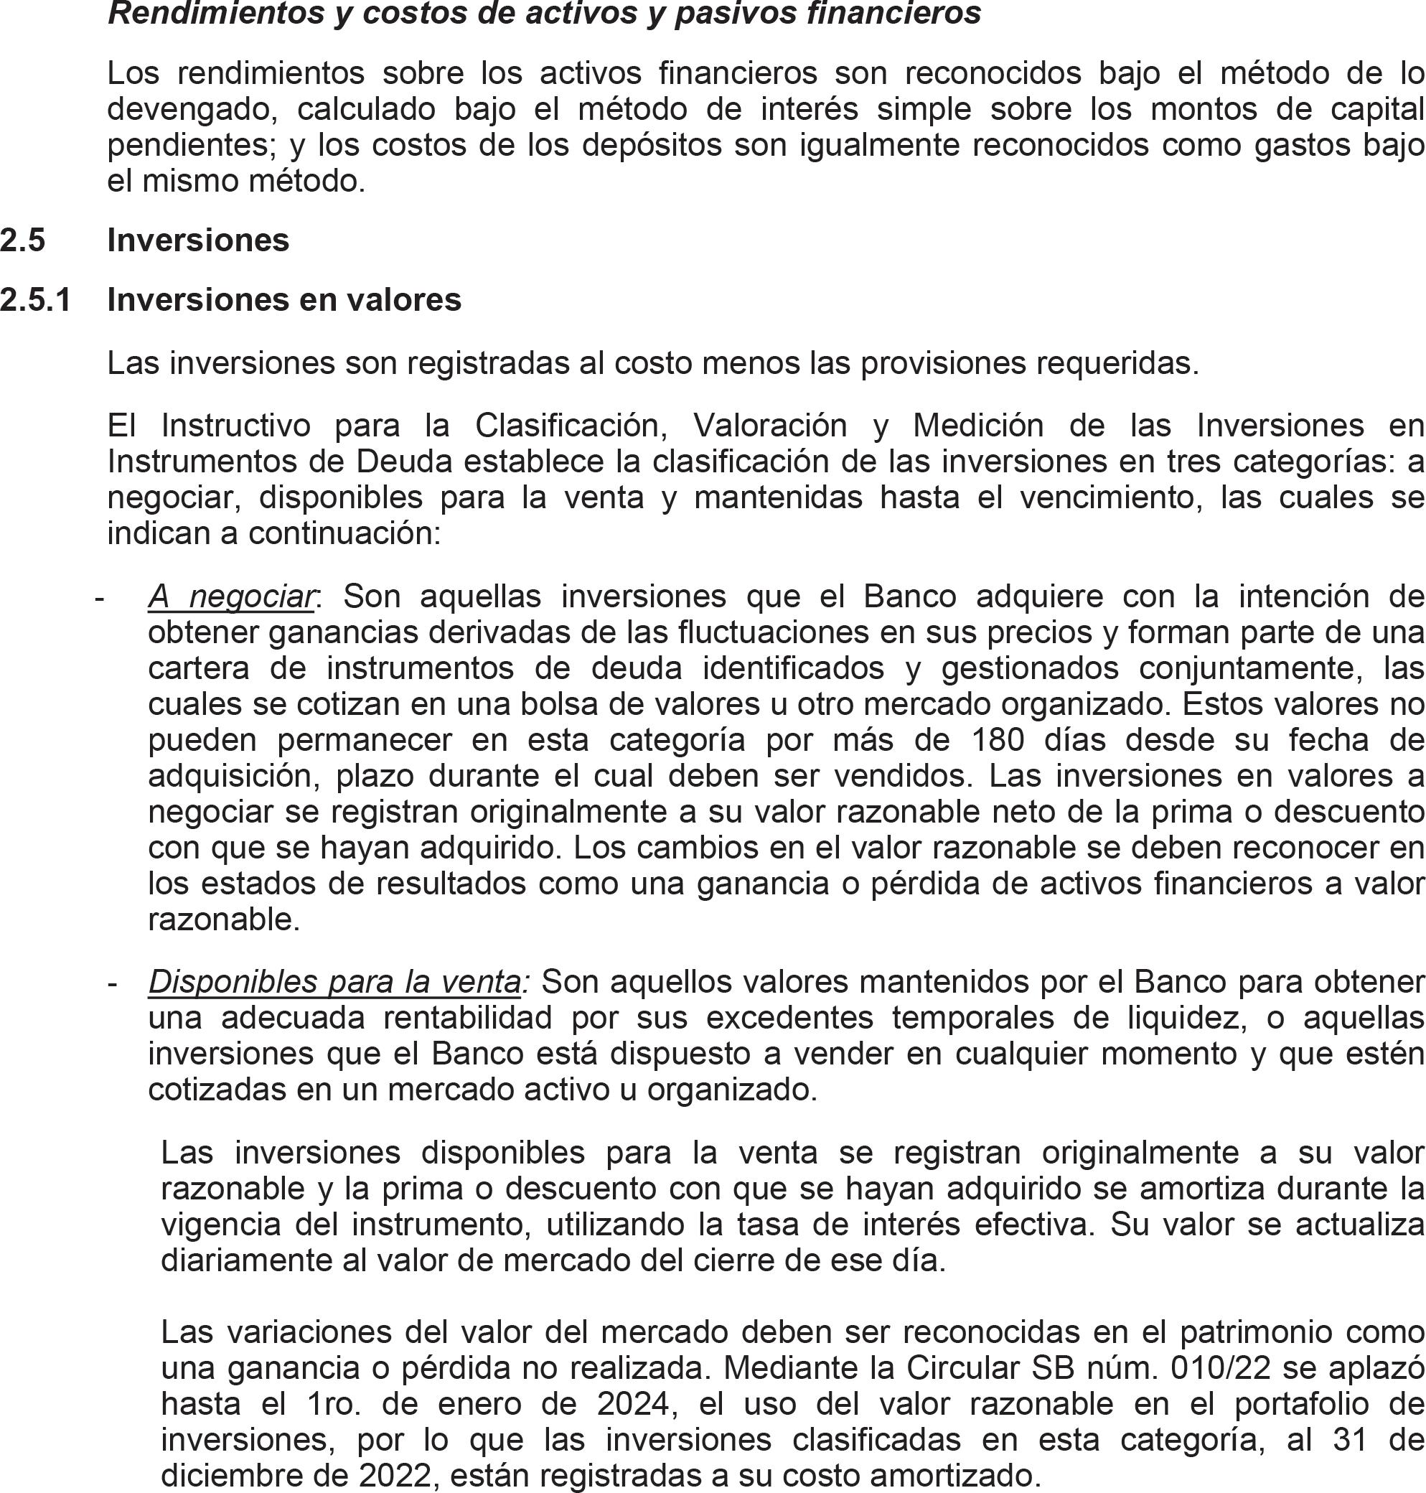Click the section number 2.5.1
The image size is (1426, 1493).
[35, 300]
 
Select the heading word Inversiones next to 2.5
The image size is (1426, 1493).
[197, 240]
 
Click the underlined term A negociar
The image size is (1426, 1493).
[231, 596]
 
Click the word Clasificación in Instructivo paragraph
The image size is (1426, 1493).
[571, 426]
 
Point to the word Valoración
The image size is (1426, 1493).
[770, 426]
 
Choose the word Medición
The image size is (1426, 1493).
[978, 426]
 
